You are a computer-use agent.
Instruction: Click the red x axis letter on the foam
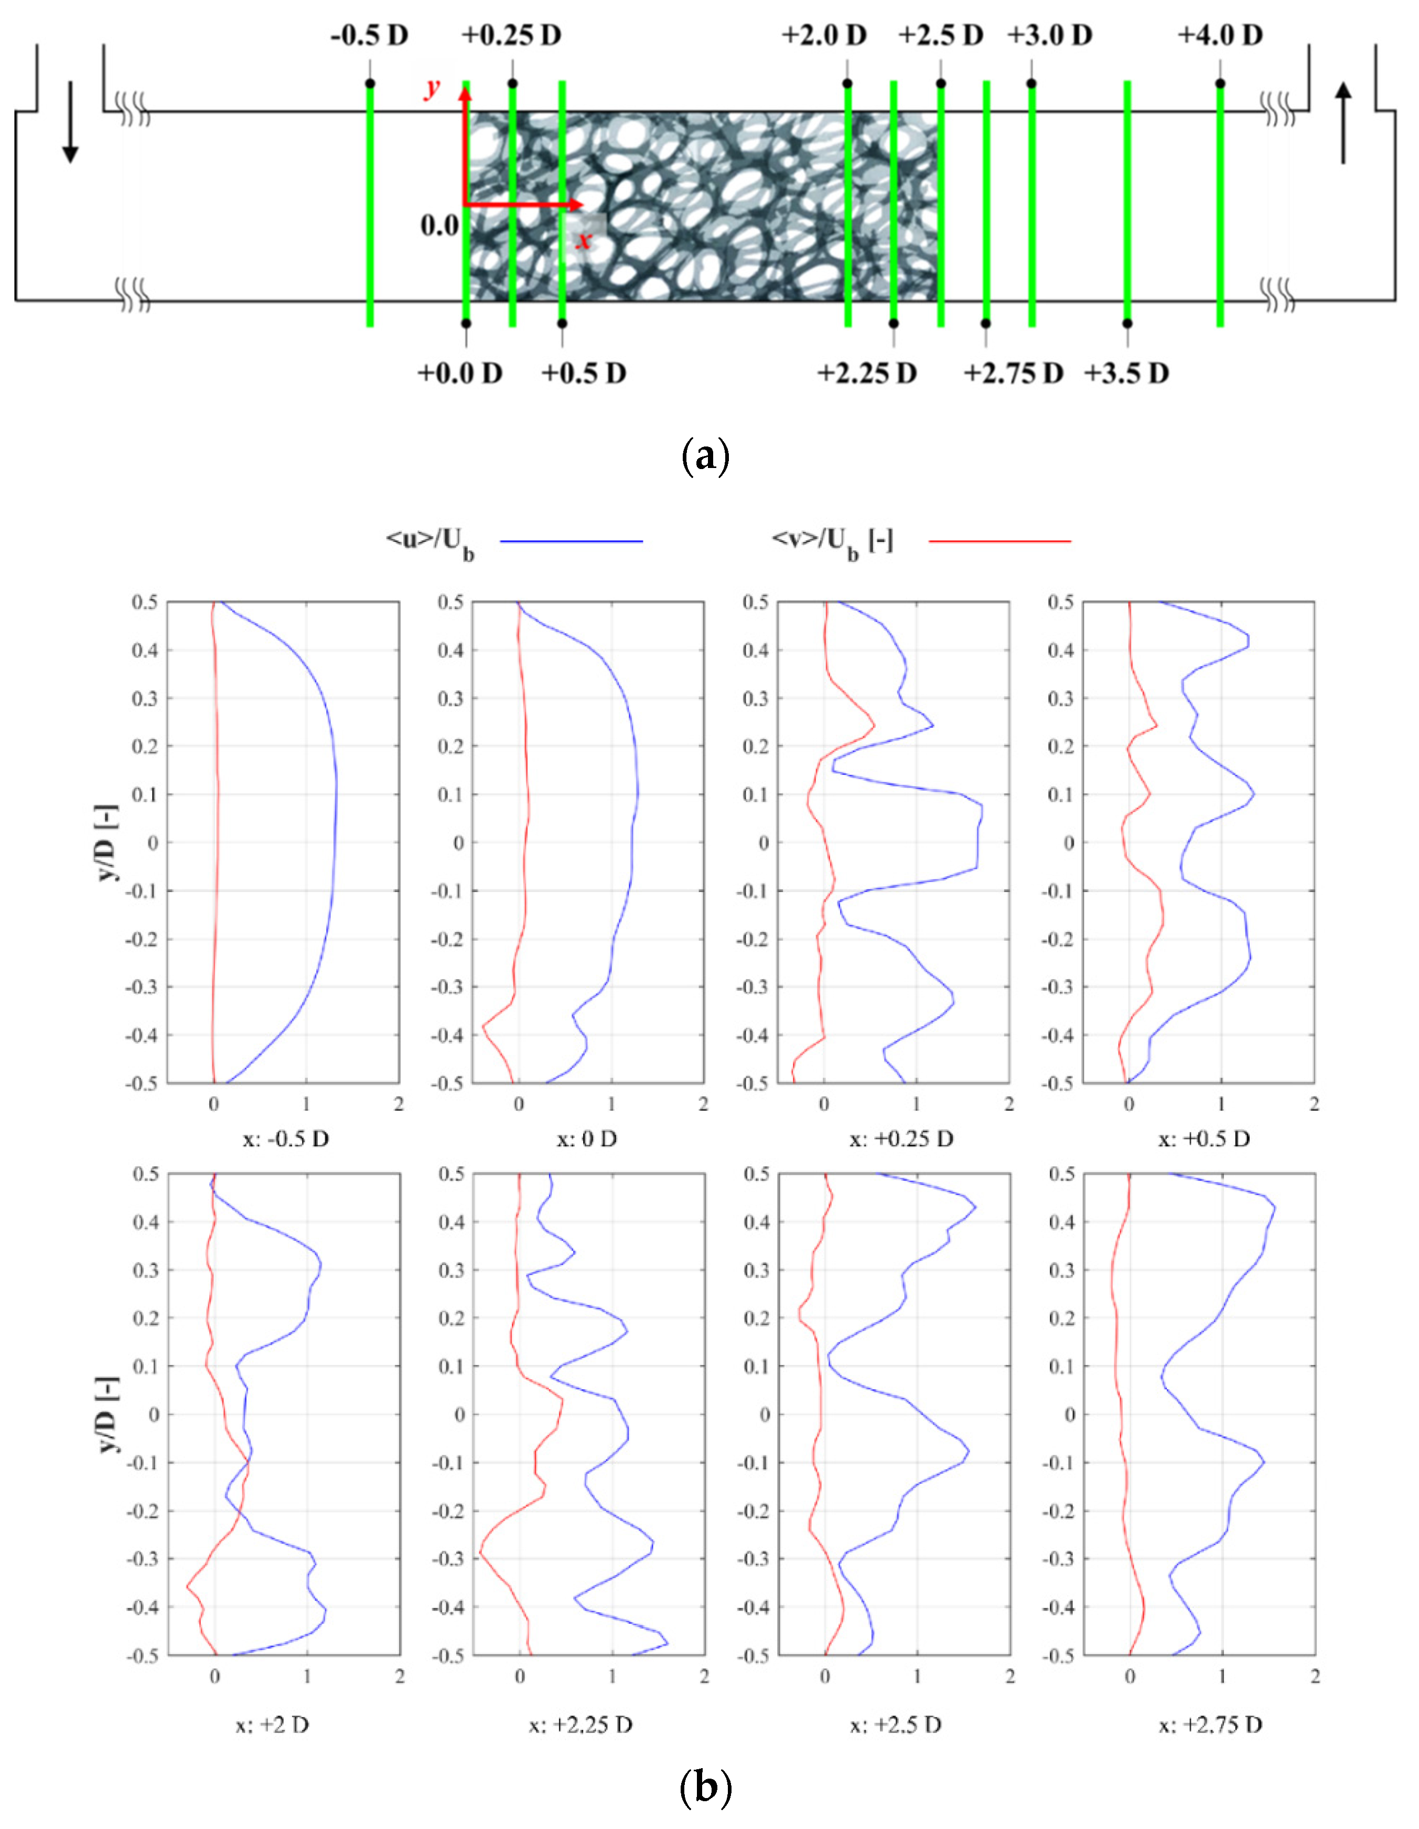584,240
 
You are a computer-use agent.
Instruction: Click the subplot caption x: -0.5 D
285,1139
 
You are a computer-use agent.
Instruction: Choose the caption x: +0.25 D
901,1139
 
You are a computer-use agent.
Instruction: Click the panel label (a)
706,458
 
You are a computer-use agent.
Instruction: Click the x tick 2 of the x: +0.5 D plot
1314,1104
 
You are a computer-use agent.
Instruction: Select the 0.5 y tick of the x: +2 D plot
146,1174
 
